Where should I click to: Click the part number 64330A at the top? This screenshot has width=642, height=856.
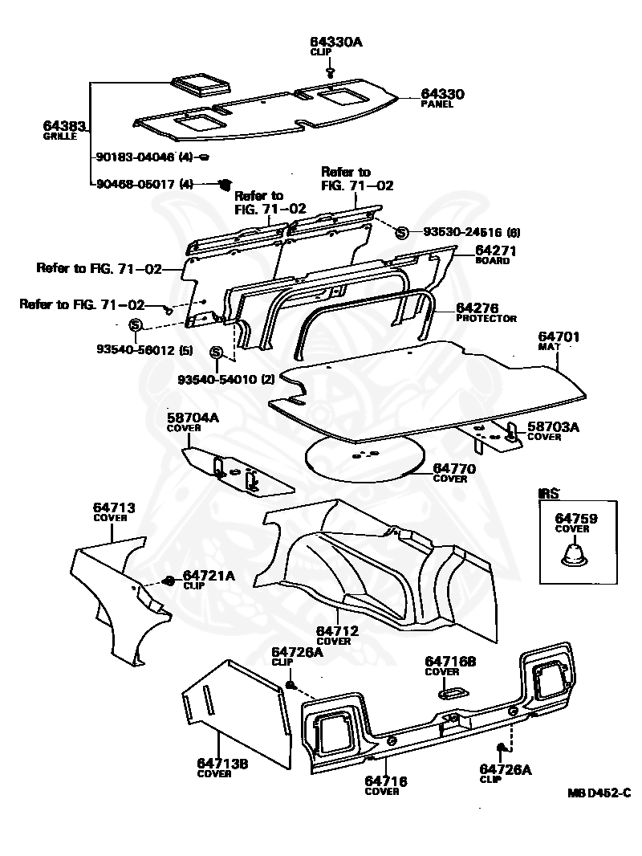(336, 42)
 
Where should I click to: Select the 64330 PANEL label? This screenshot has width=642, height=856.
(443, 98)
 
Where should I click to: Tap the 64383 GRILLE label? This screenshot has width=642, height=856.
(63, 130)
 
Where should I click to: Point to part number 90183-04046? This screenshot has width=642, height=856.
(134, 157)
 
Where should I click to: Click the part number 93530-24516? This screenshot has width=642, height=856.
(457, 233)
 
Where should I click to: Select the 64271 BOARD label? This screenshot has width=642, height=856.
(495, 254)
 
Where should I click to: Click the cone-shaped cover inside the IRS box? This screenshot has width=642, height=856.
(575, 554)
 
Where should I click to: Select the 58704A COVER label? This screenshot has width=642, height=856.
(193, 422)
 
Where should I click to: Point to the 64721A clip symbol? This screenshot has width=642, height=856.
(169, 581)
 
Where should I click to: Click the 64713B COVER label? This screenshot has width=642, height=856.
(222, 767)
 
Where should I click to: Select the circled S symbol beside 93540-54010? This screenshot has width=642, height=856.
(216, 353)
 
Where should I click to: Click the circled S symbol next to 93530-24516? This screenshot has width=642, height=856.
(402, 233)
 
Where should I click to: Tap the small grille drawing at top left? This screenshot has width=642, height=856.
(198, 85)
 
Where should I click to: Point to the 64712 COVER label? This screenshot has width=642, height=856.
(337, 634)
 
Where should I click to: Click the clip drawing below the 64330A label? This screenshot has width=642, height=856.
(330, 71)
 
